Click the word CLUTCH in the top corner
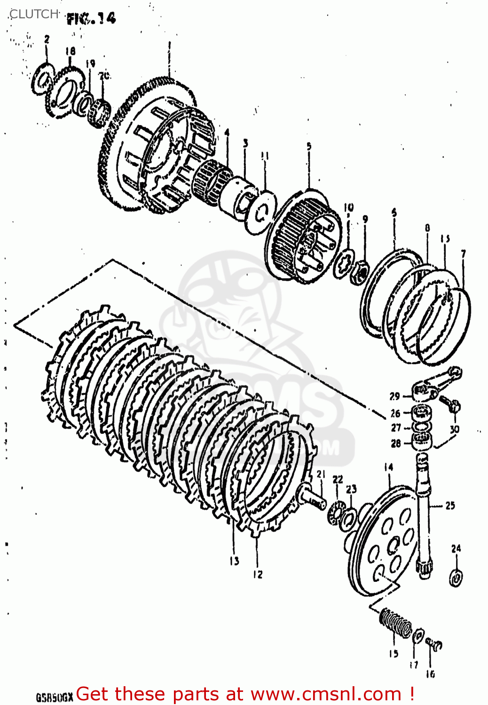pyautogui.click(x=34, y=14)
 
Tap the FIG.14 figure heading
pyautogui.click(x=91, y=19)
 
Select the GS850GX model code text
pyautogui.click(x=55, y=697)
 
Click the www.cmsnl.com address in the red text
pyautogui.click(x=325, y=694)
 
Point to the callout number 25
pyautogui.click(x=450, y=506)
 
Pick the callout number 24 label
pyautogui.click(x=456, y=548)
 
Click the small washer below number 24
pyautogui.click(x=456, y=577)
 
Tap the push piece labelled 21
pyautogui.click(x=312, y=496)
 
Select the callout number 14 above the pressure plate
pyautogui.click(x=388, y=467)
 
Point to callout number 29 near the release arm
pyautogui.click(x=394, y=396)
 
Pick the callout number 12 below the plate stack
pyautogui.click(x=258, y=574)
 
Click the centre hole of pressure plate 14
pyautogui.click(x=391, y=545)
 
